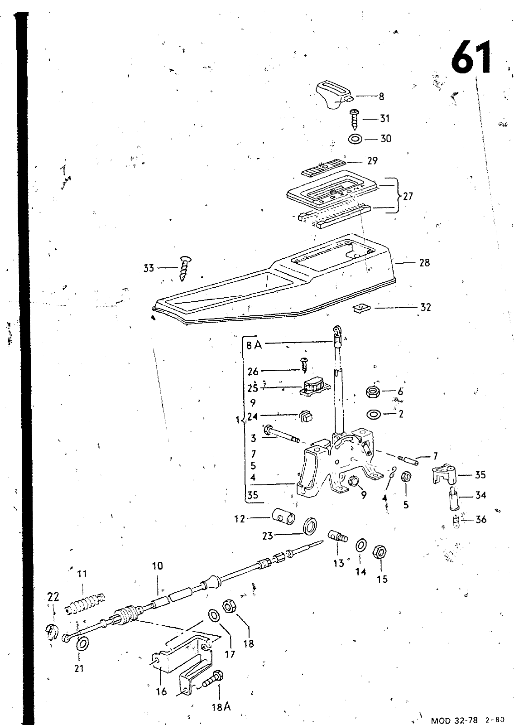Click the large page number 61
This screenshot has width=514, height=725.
(x=471, y=57)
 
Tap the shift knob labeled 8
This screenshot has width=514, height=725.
(x=333, y=94)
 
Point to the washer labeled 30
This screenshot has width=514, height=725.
(x=355, y=139)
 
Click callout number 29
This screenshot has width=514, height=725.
(x=372, y=161)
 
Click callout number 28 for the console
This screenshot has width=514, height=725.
(x=424, y=262)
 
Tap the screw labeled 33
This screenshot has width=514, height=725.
(x=186, y=269)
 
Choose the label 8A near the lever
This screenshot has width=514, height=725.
(x=254, y=345)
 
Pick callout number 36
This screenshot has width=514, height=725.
(x=481, y=520)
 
